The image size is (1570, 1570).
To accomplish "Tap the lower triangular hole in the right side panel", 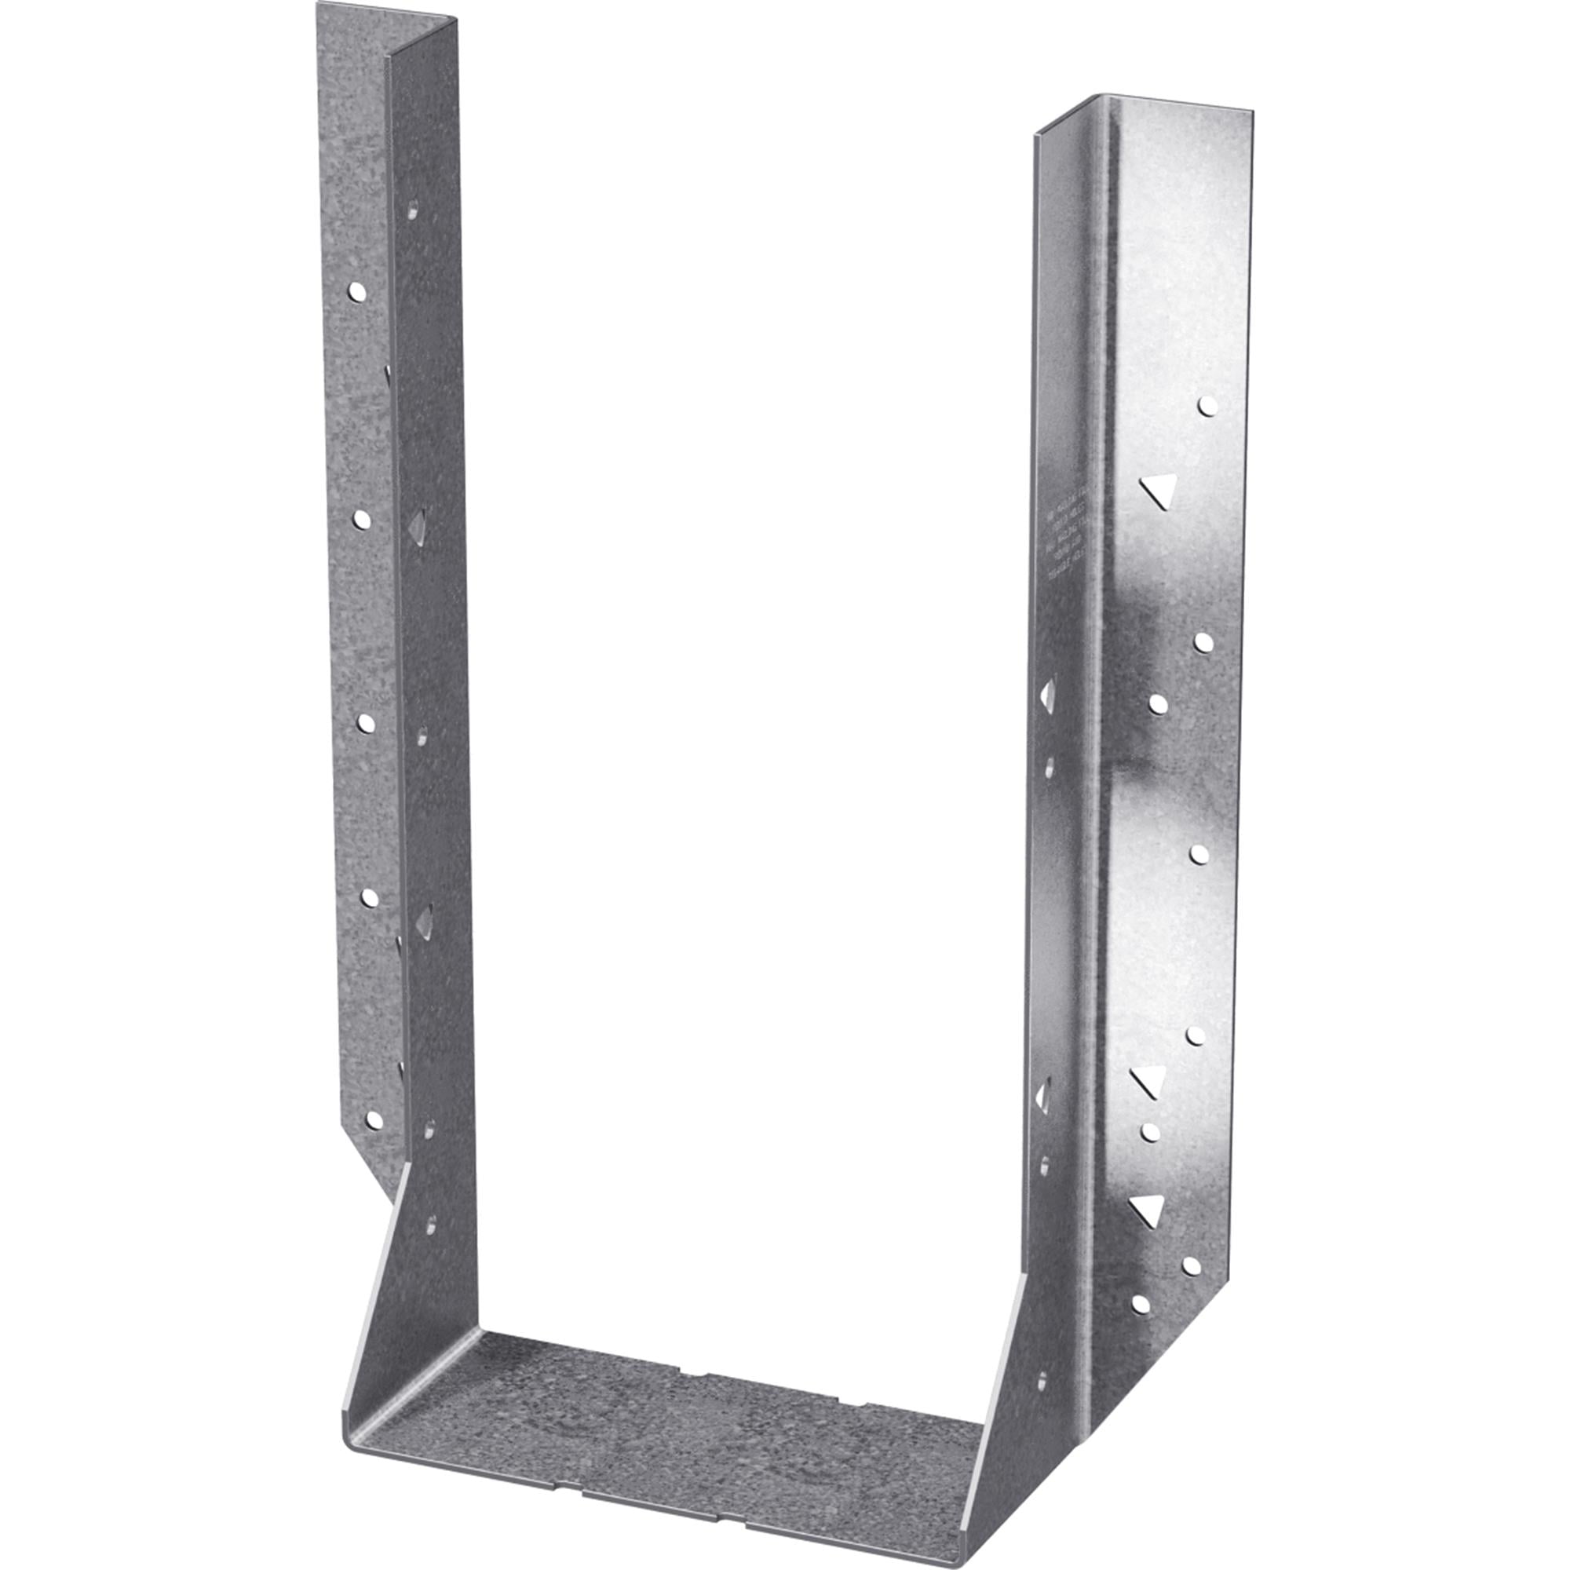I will pyautogui.click(x=1043, y=1096).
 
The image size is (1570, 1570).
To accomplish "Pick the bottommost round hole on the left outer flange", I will pyautogui.click(x=374, y=1120).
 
